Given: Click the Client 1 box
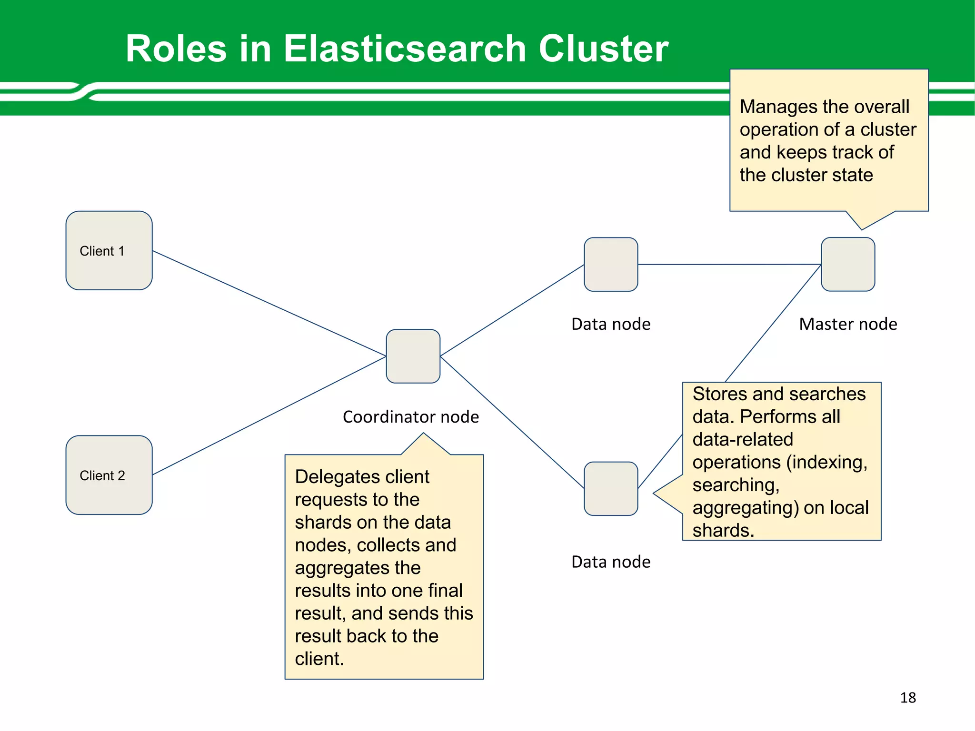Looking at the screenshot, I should click(x=109, y=250).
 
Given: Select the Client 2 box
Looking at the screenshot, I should click(x=109, y=475).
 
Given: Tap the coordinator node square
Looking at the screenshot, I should click(x=413, y=356).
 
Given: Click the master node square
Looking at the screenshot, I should click(x=848, y=264).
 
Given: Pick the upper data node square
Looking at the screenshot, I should click(x=611, y=264).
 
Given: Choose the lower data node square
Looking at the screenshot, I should click(x=611, y=488).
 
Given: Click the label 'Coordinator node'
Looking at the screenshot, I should click(x=410, y=417).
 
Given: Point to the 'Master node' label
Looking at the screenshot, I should click(x=848, y=324).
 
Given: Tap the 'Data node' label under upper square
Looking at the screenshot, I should click(x=611, y=324).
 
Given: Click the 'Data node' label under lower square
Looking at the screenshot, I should click(x=611, y=562).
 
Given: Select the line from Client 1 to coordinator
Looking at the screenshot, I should click(x=269, y=303).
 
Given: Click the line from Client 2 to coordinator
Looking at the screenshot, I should click(x=269, y=415).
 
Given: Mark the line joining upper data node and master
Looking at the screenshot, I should click(x=729, y=264).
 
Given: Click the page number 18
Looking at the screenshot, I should click(x=908, y=698).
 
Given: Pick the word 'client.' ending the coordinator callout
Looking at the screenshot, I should click(x=319, y=659).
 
